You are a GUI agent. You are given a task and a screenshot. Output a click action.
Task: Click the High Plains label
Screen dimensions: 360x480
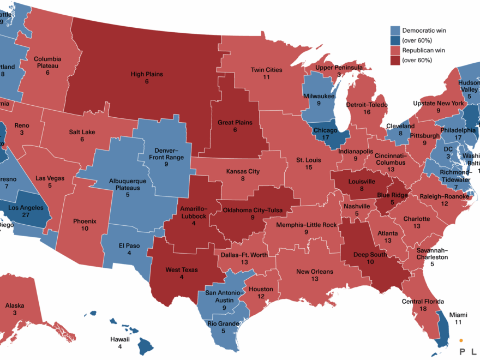tap(147, 74)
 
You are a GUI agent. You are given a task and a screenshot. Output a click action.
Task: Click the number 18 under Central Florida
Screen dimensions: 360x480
tap(423, 309)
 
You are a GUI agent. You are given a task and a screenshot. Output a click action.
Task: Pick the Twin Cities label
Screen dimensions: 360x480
tap(266, 70)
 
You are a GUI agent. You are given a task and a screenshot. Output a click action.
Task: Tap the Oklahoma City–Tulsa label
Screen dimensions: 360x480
tap(252, 209)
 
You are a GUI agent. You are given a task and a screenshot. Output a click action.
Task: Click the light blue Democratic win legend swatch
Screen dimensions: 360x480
tap(395, 31)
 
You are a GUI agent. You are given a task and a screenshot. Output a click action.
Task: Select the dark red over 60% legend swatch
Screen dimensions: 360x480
tap(395, 60)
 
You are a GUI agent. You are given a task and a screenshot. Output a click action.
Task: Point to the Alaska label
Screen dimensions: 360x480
tap(15, 305)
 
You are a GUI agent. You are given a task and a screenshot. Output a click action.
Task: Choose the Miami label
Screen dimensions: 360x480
tap(459, 315)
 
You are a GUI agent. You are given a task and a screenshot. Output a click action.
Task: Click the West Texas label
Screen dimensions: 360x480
tap(182, 270)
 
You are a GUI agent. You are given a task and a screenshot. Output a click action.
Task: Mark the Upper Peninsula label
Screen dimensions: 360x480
tap(339, 67)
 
